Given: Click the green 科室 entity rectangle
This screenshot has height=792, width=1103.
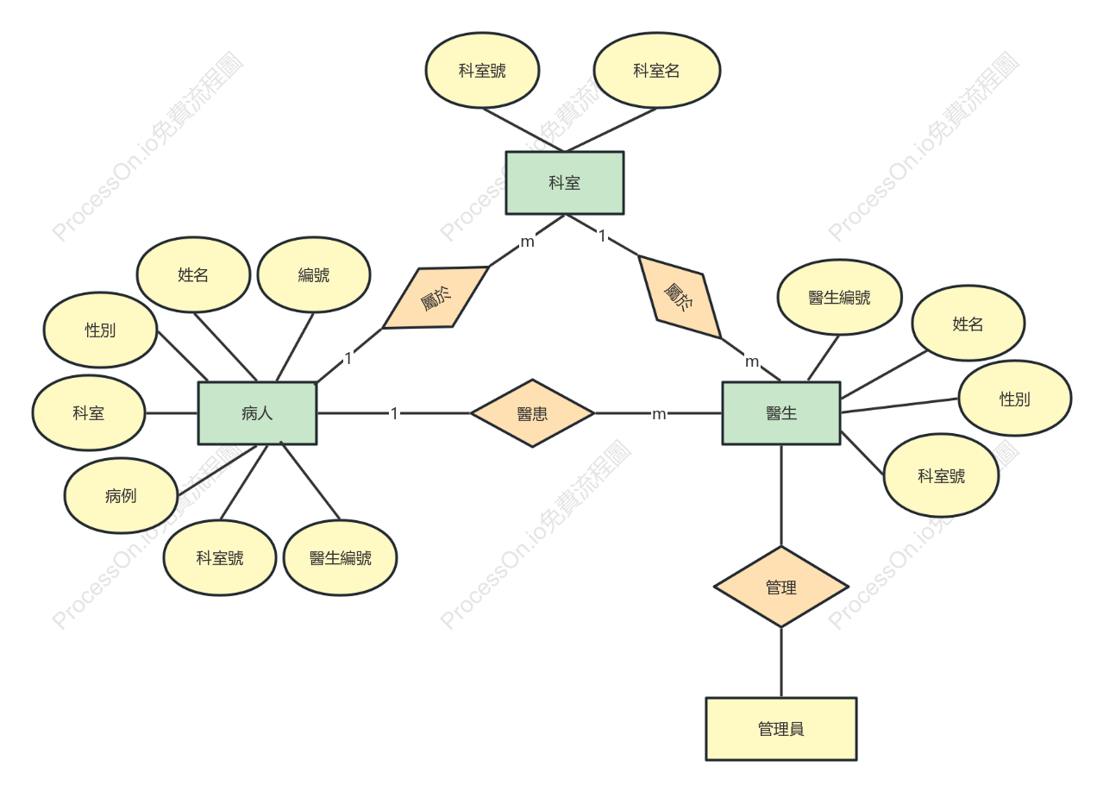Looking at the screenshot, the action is pyautogui.click(x=565, y=183).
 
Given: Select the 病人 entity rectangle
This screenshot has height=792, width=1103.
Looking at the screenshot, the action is pyautogui.click(x=257, y=413).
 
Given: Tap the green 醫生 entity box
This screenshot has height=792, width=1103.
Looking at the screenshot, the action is pyautogui.click(x=781, y=413).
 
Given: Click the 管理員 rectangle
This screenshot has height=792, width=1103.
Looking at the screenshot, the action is pyautogui.click(x=781, y=729).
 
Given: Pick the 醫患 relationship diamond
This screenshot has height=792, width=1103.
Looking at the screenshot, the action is pyautogui.click(x=532, y=413).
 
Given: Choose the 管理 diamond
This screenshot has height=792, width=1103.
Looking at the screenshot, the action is pyautogui.click(x=781, y=587).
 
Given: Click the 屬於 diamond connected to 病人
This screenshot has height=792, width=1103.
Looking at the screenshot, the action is pyautogui.click(x=436, y=298).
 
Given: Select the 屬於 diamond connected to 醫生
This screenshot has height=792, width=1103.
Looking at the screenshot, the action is pyautogui.click(x=680, y=297).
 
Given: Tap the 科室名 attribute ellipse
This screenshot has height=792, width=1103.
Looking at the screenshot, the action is pyautogui.click(x=657, y=71).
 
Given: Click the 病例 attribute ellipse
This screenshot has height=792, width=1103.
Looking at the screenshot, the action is pyautogui.click(x=121, y=495).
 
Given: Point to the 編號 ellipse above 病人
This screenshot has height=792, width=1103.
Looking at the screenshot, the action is pyautogui.click(x=314, y=275).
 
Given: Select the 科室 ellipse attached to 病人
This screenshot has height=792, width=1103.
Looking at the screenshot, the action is pyautogui.click(x=89, y=412).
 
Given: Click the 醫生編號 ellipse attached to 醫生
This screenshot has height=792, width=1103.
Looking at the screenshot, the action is pyautogui.click(x=840, y=298).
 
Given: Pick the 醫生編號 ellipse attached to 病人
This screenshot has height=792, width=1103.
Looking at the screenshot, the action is pyautogui.click(x=341, y=558).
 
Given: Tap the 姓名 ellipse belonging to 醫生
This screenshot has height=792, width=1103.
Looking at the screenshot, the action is pyautogui.click(x=968, y=324).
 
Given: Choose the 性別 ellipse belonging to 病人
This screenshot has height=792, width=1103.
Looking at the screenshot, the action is pyautogui.click(x=100, y=330).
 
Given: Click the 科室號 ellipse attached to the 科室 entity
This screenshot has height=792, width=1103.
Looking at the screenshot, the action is pyautogui.click(x=483, y=71).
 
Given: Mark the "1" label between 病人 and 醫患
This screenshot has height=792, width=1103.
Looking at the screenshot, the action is pyautogui.click(x=394, y=413).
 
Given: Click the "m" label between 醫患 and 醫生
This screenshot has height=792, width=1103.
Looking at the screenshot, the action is pyautogui.click(x=659, y=414).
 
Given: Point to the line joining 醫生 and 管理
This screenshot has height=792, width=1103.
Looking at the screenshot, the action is pyautogui.click(x=781, y=495).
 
